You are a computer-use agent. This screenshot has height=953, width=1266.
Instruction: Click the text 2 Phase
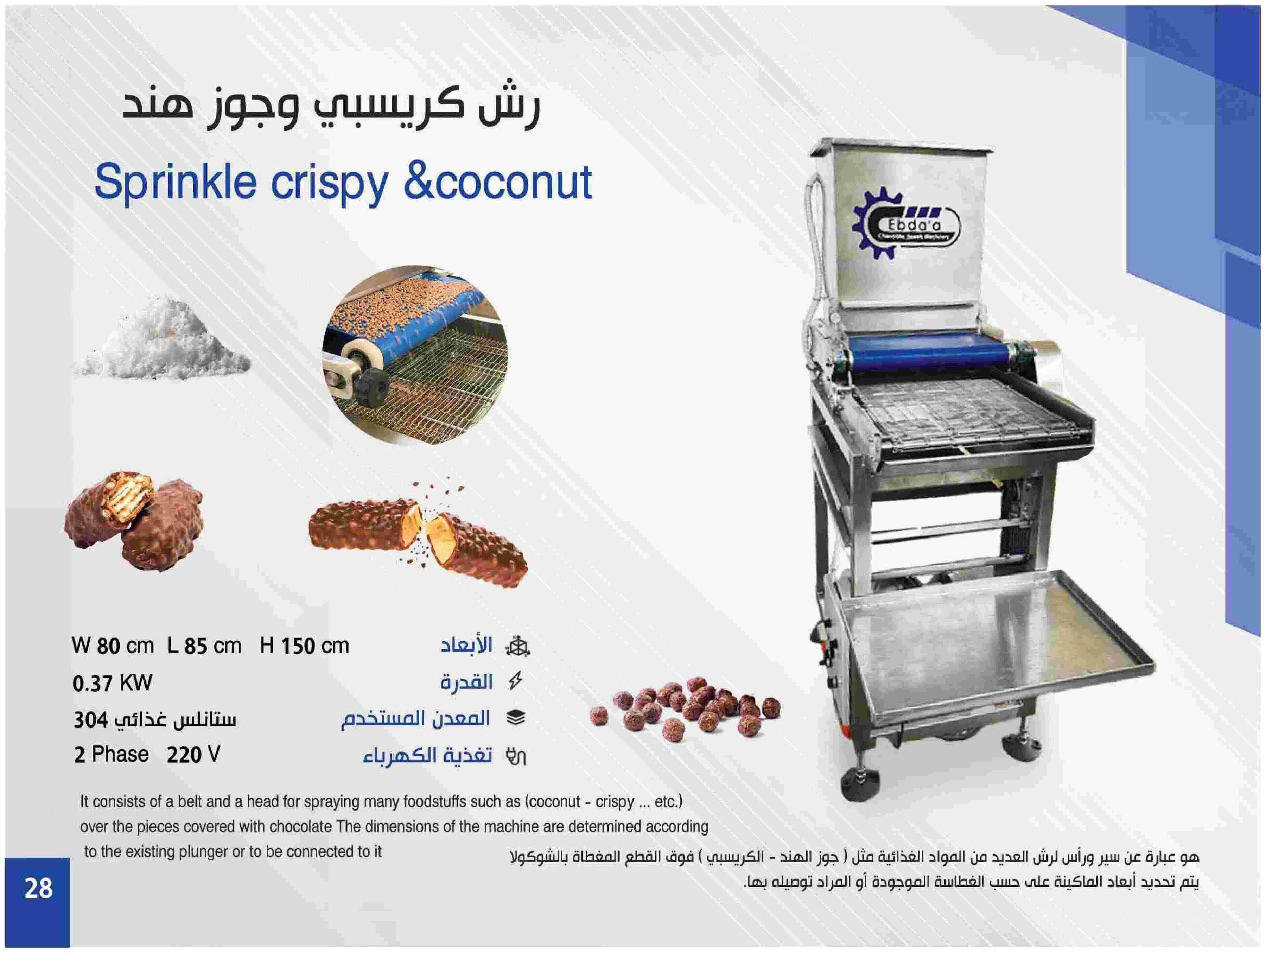pos(111,755)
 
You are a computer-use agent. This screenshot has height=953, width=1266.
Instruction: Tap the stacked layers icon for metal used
pos(516,718)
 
